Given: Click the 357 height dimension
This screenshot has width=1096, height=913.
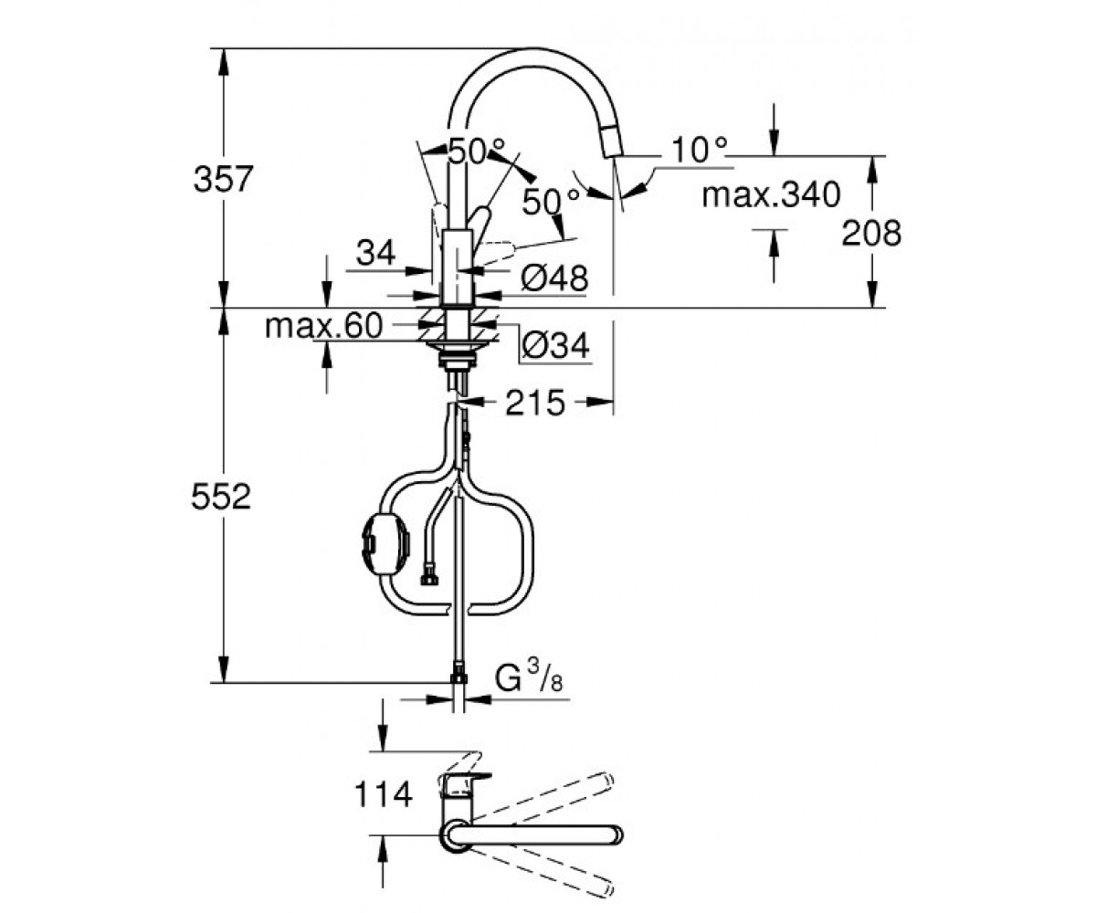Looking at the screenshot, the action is [x=224, y=178].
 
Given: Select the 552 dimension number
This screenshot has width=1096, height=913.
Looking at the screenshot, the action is [x=221, y=497].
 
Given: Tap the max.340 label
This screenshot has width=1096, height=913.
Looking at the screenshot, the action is [x=771, y=194].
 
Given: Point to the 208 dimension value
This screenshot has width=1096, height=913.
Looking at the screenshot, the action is [x=871, y=233].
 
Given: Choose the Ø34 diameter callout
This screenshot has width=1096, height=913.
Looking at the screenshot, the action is [x=556, y=345].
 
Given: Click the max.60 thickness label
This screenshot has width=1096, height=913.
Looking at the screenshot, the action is [x=324, y=326].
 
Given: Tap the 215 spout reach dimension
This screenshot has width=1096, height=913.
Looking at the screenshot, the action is [x=535, y=403].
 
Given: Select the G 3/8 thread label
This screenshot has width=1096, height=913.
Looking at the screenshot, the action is [x=530, y=676].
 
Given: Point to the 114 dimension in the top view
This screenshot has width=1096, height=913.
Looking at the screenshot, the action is [x=384, y=794].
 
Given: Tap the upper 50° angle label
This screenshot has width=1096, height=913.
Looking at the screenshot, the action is [x=476, y=152].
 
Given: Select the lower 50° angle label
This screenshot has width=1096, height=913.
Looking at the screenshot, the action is [x=551, y=202].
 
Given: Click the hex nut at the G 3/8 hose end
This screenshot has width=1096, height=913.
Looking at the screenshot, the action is [x=458, y=676].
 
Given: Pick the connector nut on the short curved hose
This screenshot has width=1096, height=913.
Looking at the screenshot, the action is [x=429, y=580].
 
